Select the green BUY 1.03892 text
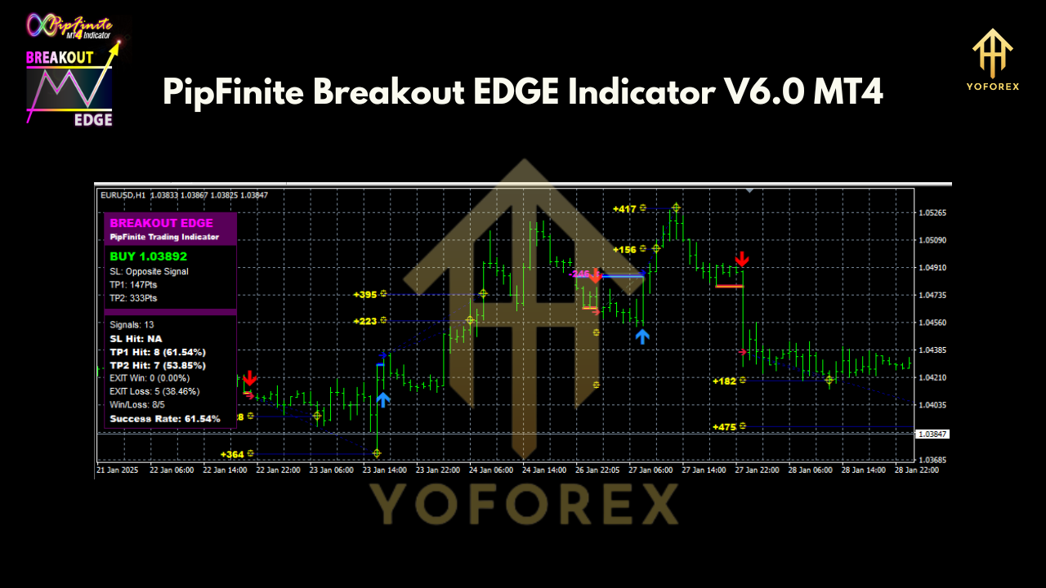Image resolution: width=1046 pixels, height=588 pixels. pos(148,256)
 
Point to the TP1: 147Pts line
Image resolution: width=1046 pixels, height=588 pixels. pos(133,285)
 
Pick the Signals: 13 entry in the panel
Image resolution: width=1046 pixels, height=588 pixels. pos(132,324)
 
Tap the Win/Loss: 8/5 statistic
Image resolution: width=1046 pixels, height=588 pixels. pos(137,404)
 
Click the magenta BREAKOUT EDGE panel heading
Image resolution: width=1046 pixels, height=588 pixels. pos(161,223)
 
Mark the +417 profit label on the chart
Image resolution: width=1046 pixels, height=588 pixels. pos(624,209)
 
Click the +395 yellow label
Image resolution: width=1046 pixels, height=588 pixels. pos(364,294)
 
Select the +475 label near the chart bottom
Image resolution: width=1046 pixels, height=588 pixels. pos(724,426)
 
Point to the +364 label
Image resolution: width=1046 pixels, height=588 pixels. pos(232,454)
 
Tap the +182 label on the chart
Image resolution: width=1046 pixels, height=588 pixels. pos(724,381)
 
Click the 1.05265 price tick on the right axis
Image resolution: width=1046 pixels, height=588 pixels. pos(932,212)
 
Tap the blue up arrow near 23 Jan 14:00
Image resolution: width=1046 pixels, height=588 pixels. pos(382,399)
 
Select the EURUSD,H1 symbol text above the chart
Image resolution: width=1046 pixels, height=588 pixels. pos(123,195)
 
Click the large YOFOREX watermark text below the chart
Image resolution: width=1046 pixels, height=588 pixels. pos(523,505)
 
